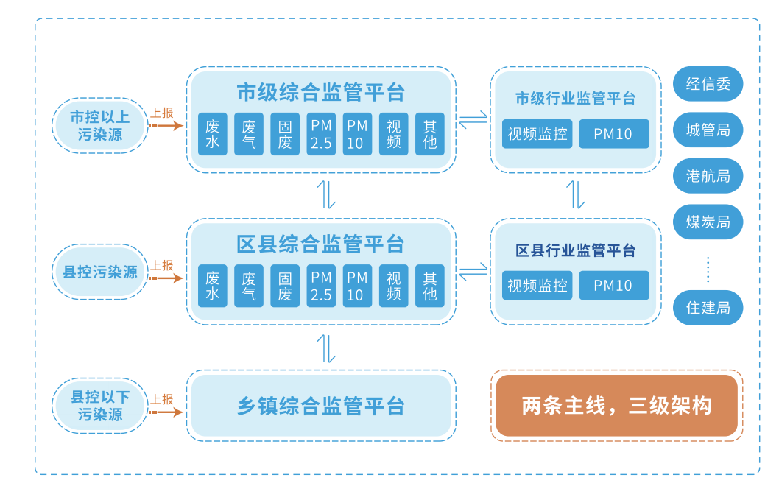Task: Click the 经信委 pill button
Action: (x=708, y=84)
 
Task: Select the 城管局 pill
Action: (x=708, y=130)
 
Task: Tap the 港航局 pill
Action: (x=708, y=176)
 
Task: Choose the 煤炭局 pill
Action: (x=708, y=222)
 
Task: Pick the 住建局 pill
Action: (x=708, y=308)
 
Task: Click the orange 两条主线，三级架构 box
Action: (x=616, y=406)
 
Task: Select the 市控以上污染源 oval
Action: (x=100, y=126)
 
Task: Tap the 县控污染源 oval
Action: (x=100, y=272)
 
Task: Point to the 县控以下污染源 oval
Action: (x=100, y=406)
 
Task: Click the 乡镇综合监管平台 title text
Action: (x=321, y=406)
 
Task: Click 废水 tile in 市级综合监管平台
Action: (x=213, y=134)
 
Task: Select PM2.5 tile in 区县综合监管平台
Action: (x=321, y=286)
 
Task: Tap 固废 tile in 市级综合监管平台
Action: (x=285, y=134)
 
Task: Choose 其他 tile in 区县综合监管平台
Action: (x=430, y=286)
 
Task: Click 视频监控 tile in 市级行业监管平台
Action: (x=537, y=134)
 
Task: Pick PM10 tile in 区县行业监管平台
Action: (x=613, y=286)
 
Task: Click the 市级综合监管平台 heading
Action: (x=321, y=92)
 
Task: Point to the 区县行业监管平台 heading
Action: (x=575, y=250)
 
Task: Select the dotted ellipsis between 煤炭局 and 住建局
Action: (x=708, y=269)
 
